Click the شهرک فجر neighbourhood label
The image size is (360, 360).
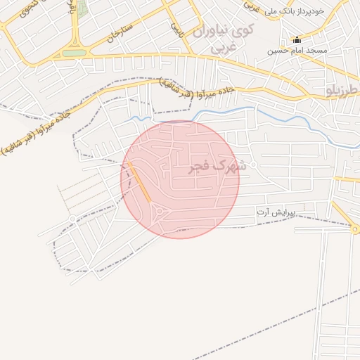(x=218, y=167)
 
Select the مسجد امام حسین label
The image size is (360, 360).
(x=288, y=51)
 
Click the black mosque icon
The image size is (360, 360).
(x=297, y=39)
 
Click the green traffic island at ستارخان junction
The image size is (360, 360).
(x=74, y=53)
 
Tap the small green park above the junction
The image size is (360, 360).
(x=82, y=8)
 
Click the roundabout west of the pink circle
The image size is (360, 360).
(x=72, y=220)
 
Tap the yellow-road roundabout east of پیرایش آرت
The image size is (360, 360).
(x=354, y=229)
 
